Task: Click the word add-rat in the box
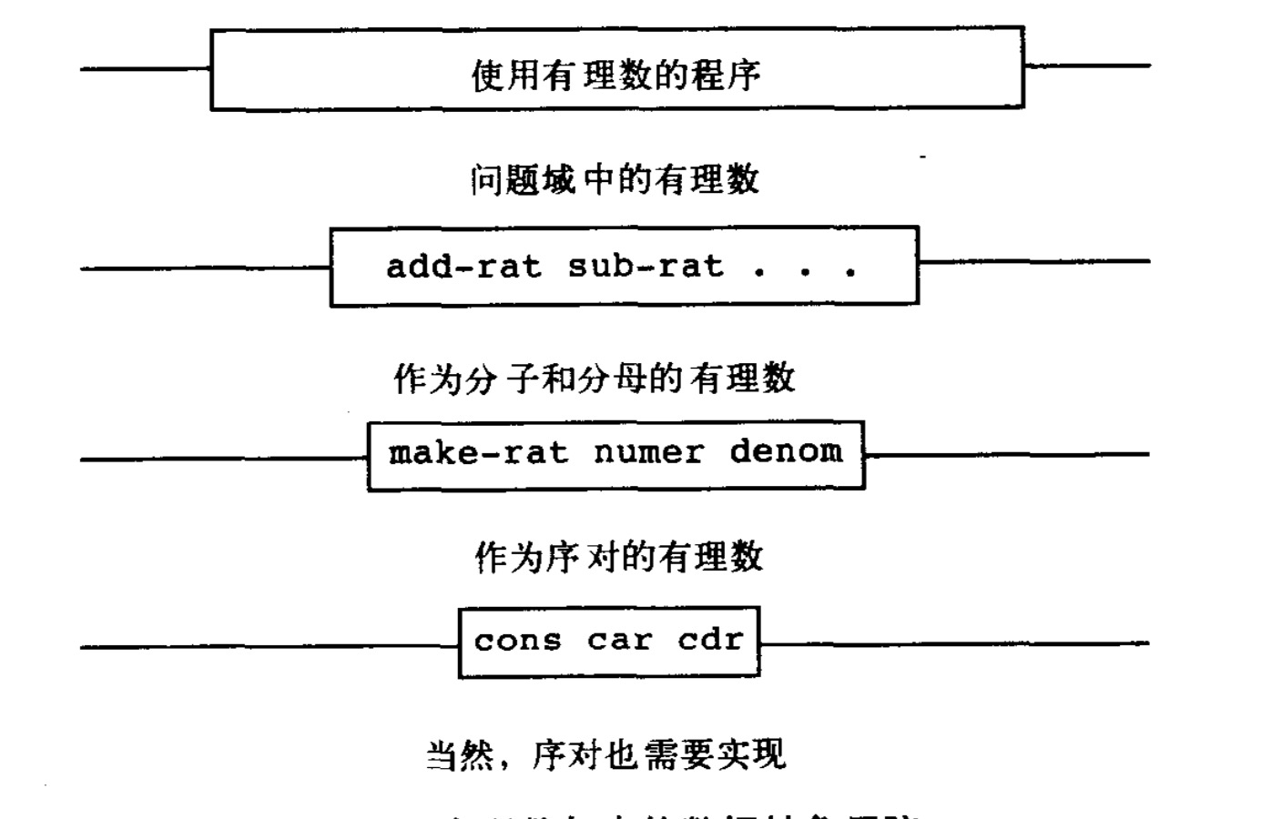click(463, 267)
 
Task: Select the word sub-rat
click(646, 267)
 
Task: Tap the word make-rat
click(478, 452)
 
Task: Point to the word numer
click(648, 452)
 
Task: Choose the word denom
click(786, 451)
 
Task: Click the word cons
click(517, 641)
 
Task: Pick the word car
click(619, 641)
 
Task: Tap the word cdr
click(710, 640)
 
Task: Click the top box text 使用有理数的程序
click(616, 75)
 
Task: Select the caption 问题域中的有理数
click(615, 179)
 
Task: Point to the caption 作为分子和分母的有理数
click(595, 378)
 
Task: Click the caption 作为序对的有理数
click(618, 556)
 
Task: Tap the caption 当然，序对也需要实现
click(605, 754)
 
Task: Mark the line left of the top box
click(146, 68)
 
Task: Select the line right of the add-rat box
click(1033, 262)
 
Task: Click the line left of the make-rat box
click(224, 459)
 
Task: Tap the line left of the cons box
click(270, 647)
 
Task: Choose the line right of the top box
click(1087, 66)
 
